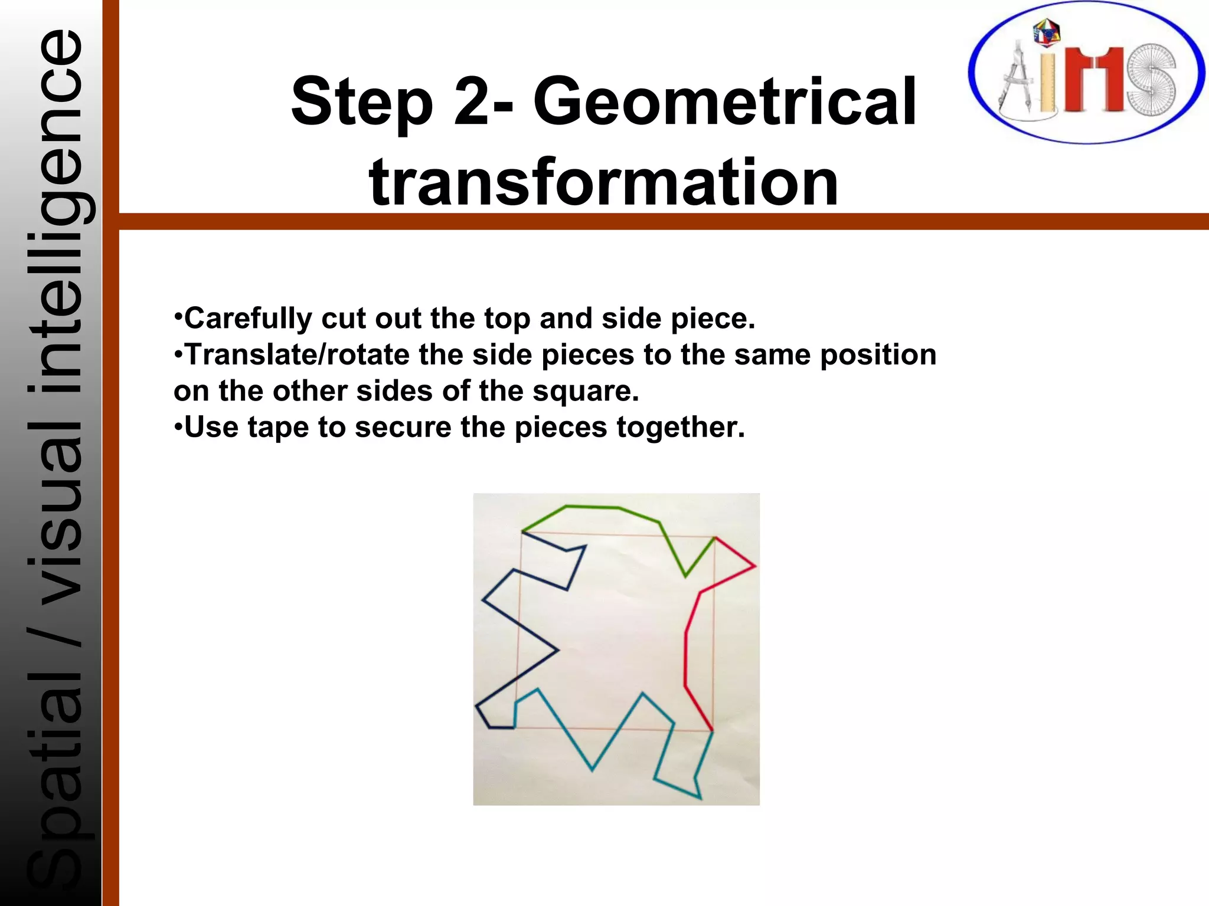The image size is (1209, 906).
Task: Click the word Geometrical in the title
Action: (724, 101)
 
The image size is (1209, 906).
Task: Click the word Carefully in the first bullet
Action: (247, 319)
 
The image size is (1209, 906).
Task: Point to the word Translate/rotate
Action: (297, 355)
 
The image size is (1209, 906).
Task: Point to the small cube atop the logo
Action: (1046, 32)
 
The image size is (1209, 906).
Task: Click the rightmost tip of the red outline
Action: (755, 566)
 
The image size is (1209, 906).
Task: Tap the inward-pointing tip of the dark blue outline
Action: (557, 650)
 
